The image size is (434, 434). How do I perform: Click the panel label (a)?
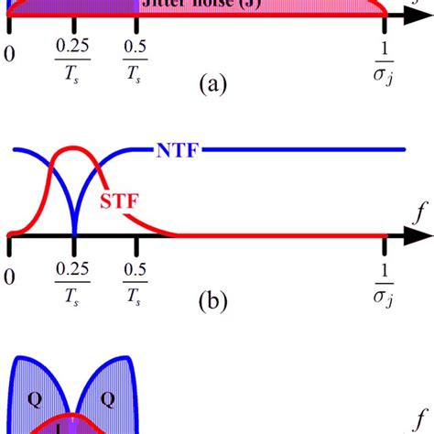tap(210, 85)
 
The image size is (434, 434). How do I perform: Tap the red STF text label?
tap(120, 200)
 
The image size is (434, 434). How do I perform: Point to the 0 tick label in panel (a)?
tap(10, 53)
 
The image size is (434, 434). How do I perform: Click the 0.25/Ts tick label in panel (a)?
tap(73, 61)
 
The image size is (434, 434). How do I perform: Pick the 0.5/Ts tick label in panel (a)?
tap(136, 61)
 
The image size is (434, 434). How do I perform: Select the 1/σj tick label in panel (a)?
tap(384, 62)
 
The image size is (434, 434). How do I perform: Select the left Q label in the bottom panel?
tap(33, 399)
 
